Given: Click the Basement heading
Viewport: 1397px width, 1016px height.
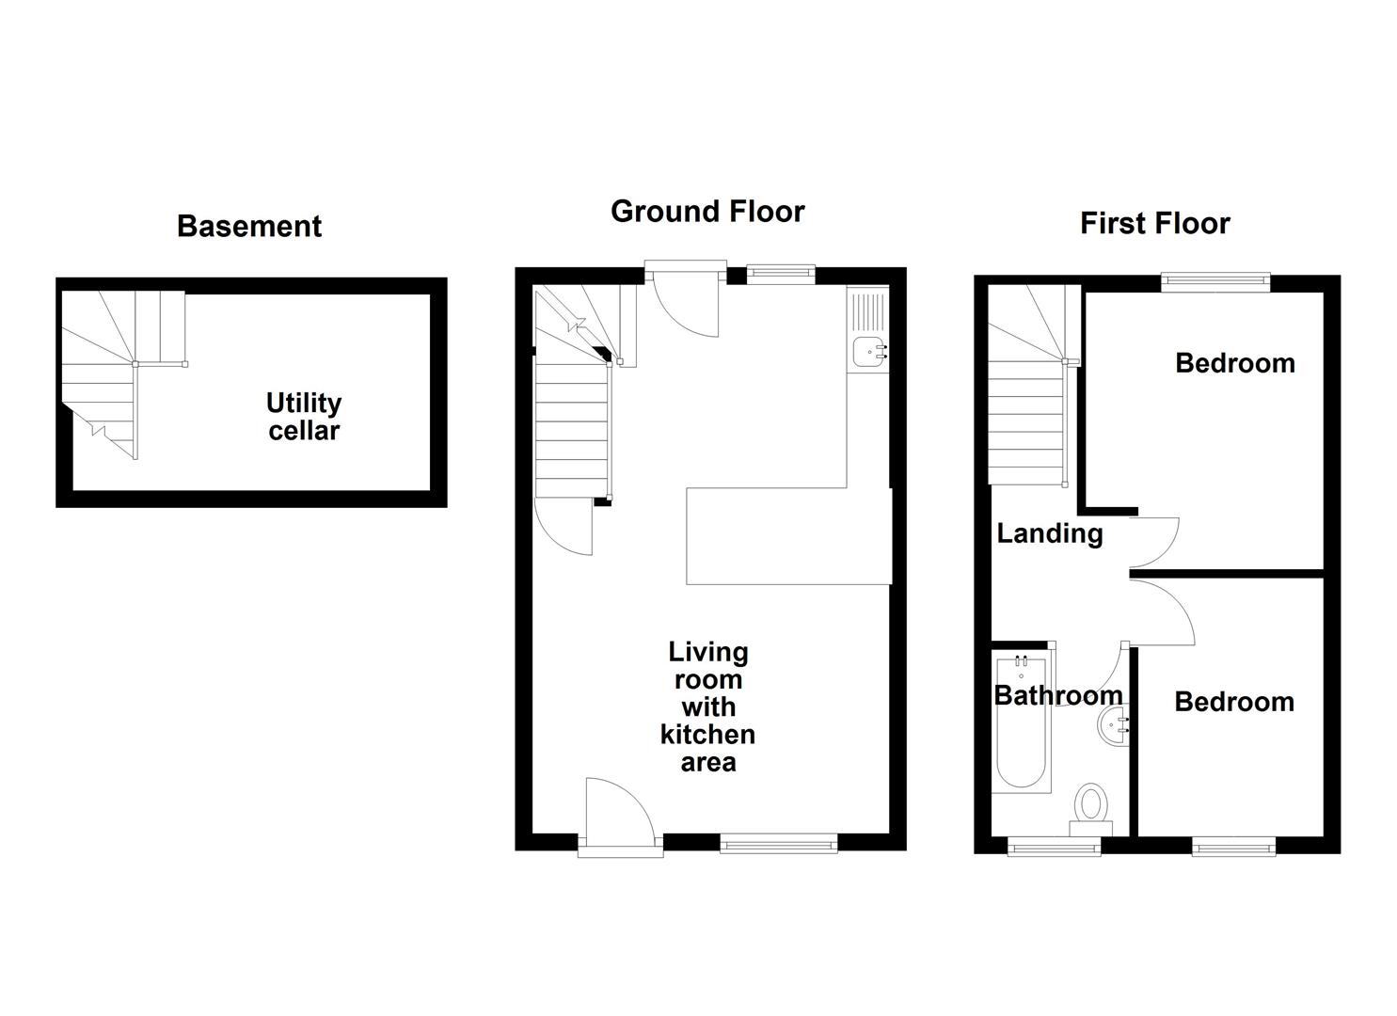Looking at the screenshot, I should (249, 227).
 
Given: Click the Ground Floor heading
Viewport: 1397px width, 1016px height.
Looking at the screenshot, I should (707, 212).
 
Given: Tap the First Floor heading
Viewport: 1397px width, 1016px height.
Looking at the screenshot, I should (1154, 224).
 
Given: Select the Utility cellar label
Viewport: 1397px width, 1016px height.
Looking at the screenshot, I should (303, 417).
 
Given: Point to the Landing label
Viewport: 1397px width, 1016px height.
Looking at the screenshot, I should (1049, 533).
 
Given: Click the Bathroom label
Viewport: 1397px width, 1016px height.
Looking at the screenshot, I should (1058, 695).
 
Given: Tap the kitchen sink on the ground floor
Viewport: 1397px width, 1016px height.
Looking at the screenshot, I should (867, 352).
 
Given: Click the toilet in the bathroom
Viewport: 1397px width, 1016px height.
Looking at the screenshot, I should (1091, 807).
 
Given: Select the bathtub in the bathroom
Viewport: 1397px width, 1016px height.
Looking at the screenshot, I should (1021, 724).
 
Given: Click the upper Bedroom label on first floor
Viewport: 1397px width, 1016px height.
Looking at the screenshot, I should (1234, 363).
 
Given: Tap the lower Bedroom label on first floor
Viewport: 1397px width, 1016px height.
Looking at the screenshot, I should (1233, 702).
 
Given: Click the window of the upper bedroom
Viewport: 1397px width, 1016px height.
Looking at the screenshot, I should (1214, 278).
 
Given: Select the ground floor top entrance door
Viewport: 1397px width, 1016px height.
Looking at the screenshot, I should (685, 301).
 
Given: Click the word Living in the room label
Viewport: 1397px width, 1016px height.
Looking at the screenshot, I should (707, 652).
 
